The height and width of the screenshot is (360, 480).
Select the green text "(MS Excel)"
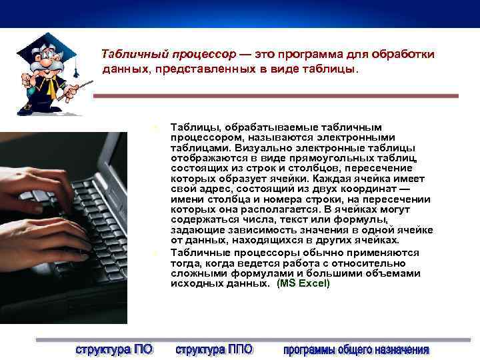pos(303,283)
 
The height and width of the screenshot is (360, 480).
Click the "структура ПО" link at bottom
pos(113,349)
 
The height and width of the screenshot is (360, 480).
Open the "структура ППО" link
pos(213,349)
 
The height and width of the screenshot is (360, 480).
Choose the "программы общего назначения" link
pos(356,349)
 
